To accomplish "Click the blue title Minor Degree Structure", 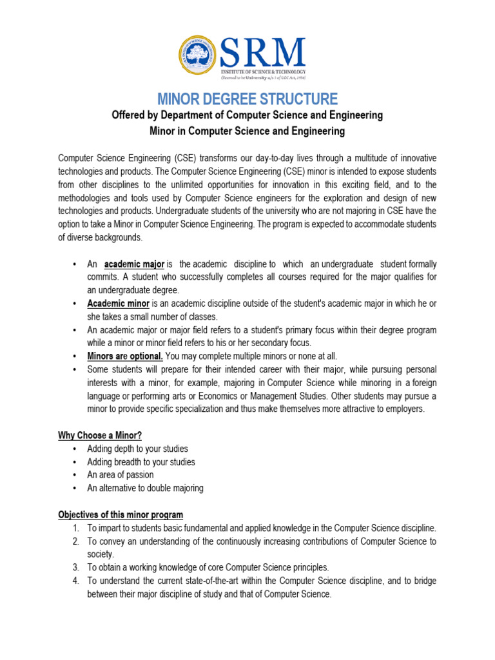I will click(x=247, y=99).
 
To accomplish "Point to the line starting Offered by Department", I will click(x=247, y=115).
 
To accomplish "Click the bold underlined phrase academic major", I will click(x=135, y=264).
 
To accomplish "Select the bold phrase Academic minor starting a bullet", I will click(x=119, y=303).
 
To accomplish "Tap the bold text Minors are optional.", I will click(x=125, y=356).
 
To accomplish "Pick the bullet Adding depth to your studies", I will click(x=137, y=449).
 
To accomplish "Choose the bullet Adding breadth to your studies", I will click(x=141, y=461).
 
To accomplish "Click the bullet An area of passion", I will click(x=121, y=475).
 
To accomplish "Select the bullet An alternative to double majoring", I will click(x=145, y=488).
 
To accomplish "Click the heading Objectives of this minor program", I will click(x=121, y=514).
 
